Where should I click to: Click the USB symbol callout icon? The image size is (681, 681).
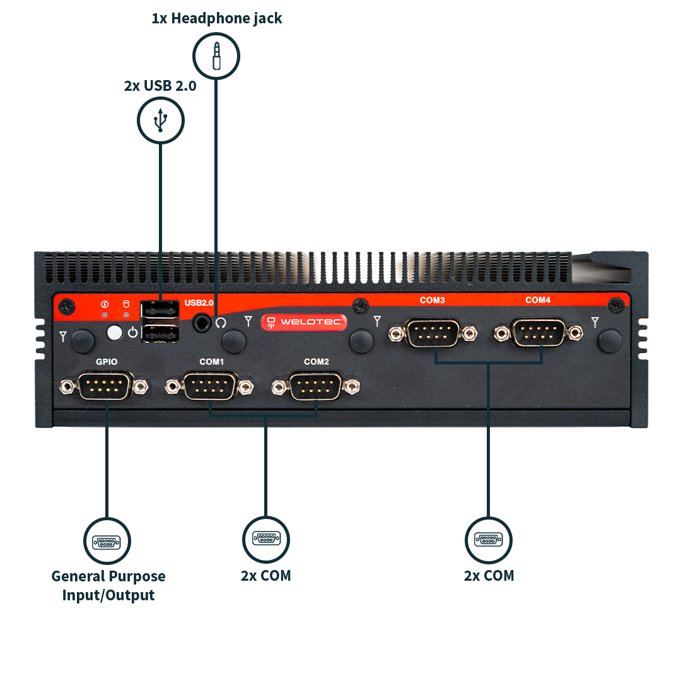point(161,120)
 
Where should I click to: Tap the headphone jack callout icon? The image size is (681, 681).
point(216,56)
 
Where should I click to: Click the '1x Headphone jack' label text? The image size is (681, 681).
point(216,18)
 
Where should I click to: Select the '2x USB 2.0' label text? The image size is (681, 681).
point(160,86)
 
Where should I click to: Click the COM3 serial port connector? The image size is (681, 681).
point(433,332)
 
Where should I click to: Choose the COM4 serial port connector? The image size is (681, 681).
point(538,332)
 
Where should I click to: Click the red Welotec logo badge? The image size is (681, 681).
point(304,322)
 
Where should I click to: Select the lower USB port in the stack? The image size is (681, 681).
point(161,332)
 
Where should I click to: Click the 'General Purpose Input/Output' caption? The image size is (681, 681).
point(108,586)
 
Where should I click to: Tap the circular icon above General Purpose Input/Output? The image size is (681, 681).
point(107,541)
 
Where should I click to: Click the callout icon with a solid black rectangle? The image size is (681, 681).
point(266,539)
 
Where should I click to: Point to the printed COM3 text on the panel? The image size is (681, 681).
point(433,300)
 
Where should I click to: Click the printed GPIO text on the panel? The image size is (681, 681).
point(106,362)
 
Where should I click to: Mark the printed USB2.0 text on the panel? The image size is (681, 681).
point(199,303)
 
